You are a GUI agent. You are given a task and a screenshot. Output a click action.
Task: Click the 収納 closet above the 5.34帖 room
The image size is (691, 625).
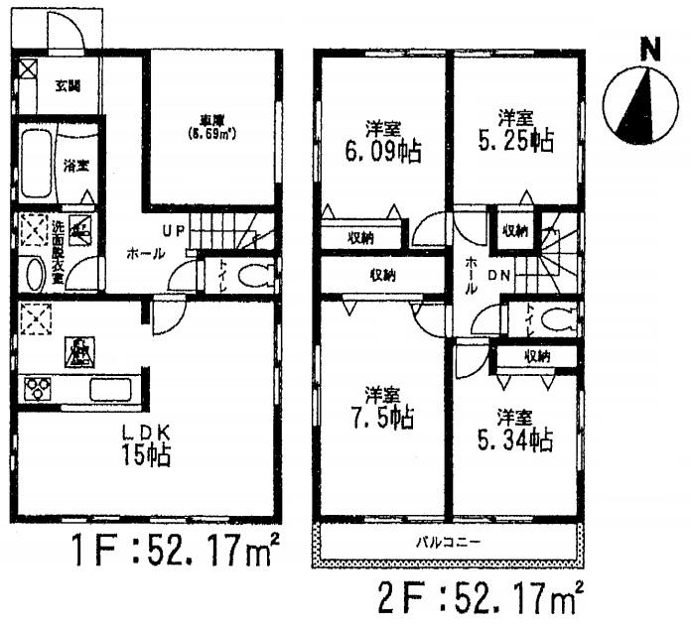click(537, 356)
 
